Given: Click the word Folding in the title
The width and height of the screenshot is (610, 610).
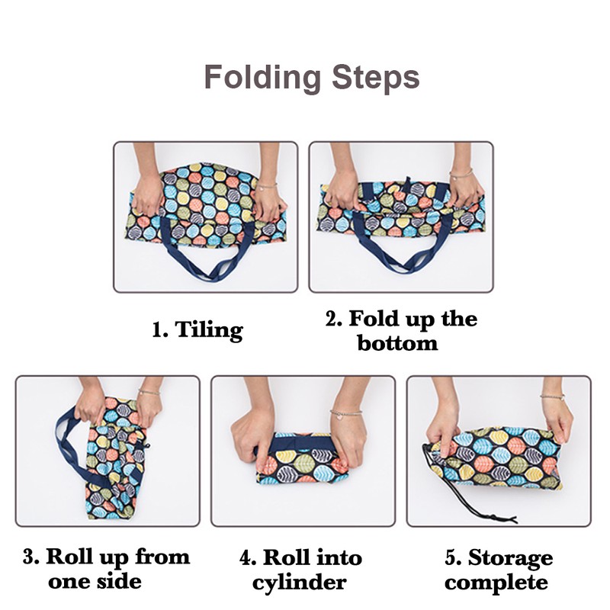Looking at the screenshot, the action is coord(262,78).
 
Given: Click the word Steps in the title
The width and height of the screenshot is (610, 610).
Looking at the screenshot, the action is coord(376,78).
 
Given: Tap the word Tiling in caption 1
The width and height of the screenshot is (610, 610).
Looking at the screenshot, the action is coord(209,330).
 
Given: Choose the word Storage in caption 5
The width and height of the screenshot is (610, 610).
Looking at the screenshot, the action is coord(510,559).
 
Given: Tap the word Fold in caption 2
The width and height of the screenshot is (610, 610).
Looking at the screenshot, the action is coord(374,319).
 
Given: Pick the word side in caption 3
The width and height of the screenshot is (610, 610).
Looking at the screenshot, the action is coord(119,582).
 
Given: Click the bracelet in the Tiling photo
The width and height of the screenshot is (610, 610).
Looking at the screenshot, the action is coord(267,186).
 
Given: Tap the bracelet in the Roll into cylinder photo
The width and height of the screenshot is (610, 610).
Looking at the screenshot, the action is coord(345,413).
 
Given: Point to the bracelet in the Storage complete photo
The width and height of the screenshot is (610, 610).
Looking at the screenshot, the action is coord(552,396).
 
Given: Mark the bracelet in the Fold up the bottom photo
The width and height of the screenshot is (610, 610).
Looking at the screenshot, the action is coord(461,174).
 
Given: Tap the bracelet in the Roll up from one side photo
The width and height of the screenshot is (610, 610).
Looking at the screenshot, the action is coord(149,392).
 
